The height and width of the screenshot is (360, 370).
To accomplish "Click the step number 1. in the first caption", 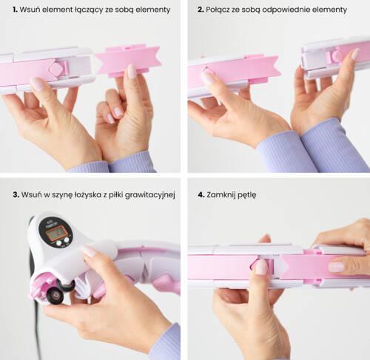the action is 16,10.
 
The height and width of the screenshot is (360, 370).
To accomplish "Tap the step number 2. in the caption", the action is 201,10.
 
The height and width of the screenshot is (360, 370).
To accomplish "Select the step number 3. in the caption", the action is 16,194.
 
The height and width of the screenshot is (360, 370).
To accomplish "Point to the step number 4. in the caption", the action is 201,194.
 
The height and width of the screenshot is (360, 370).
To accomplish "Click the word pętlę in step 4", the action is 247,195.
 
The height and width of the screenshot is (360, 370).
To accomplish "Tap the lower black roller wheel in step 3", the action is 55,295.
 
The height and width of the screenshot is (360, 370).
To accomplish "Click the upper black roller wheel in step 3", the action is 66,285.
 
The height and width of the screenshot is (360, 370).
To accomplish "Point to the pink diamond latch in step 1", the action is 57,69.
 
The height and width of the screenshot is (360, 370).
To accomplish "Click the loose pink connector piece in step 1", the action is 128,61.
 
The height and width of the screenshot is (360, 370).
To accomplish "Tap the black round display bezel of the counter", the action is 56,231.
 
